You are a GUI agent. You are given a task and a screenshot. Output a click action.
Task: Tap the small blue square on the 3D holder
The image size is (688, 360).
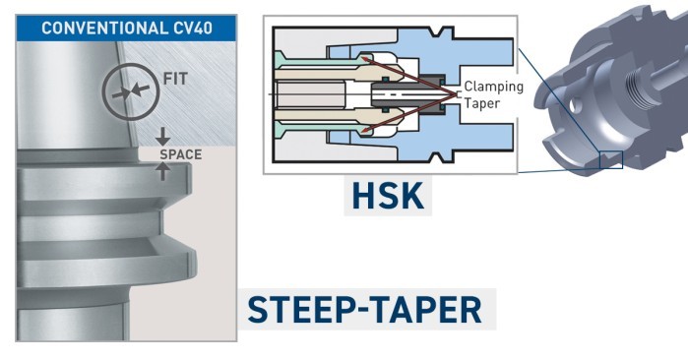pos(610,158)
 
